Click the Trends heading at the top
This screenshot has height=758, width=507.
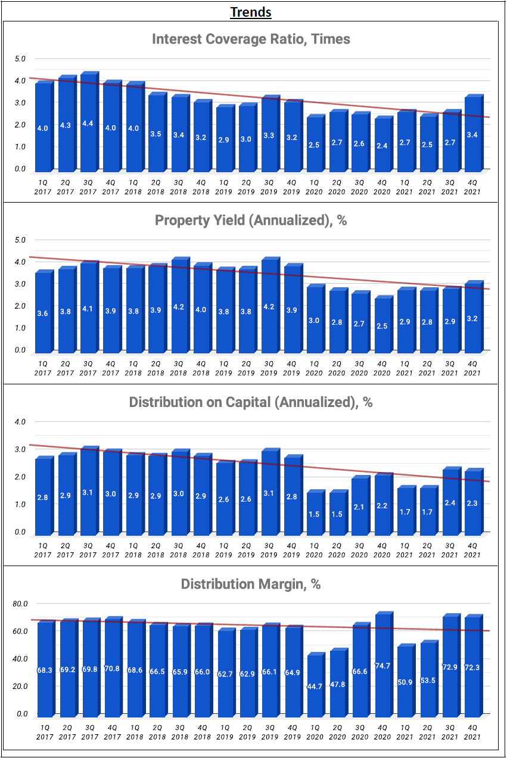click(x=251, y=12)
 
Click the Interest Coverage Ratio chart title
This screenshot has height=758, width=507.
click(x=251, y=39)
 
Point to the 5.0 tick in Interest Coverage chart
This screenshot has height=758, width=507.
click(x=20, y=58)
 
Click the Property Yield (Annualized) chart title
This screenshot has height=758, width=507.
click(x=251, y=220)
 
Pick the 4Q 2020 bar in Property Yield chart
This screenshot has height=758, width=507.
click(x=382, y=325)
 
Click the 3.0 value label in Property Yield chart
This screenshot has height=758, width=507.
click(x=314, y=321)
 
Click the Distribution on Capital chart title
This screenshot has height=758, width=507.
click(x=251, y=402)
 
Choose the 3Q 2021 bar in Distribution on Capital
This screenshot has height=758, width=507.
click(x=450, y=502)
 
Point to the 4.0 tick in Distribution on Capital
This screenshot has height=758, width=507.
click(x=20, y=421)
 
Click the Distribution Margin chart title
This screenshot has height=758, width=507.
click(x=251, y=584)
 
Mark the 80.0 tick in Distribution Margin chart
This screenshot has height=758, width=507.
click(x=20, y=603)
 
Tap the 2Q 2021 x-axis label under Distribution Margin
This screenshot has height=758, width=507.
click(x=428, y=732)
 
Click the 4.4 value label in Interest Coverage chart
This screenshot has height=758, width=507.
click(x=88, y=123)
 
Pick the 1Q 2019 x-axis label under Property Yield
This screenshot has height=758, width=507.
click(x=223, y=368)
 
